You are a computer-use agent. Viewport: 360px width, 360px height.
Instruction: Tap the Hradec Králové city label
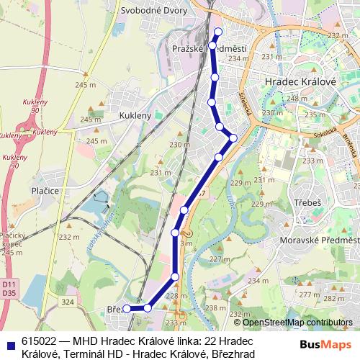[301, 82]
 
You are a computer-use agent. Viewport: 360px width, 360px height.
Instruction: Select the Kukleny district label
[135, 115]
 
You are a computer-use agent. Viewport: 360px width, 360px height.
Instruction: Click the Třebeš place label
[307, 203]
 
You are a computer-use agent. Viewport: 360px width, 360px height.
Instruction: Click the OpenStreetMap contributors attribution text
[297, 322]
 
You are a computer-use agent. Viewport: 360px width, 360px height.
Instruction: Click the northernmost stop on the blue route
[218, 30]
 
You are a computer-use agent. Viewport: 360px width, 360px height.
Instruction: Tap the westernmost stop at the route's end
[126, 308]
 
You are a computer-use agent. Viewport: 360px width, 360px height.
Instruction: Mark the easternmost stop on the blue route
[233, 138]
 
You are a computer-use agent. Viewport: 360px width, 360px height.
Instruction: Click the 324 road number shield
[67, 302]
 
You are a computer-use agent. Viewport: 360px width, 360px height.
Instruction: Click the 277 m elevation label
[309, 294]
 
